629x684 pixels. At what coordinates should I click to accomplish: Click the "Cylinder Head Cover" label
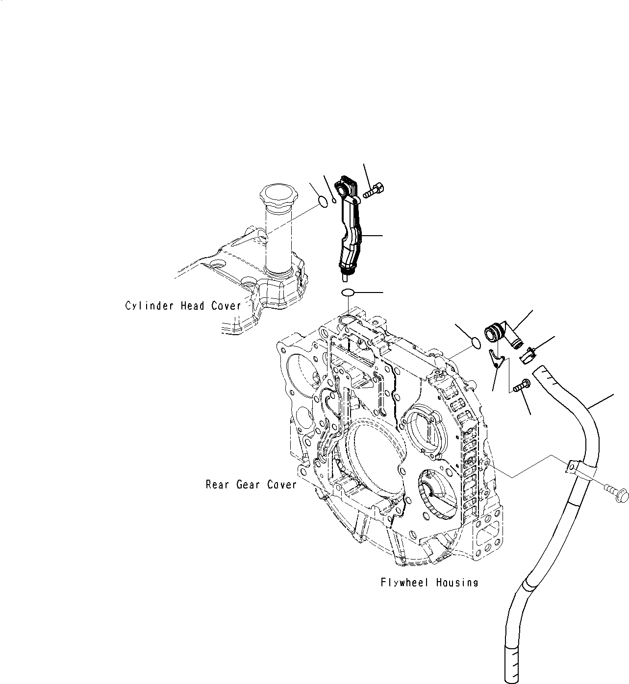[183, 306]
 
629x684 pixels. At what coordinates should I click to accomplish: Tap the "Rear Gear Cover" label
[251, 485]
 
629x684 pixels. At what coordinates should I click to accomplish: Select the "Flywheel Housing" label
[429, 583]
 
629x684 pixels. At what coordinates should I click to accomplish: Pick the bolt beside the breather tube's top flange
[374, 190]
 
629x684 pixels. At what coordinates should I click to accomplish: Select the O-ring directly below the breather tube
[348, 293]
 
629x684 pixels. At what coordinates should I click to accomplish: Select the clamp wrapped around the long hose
[574, 467]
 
